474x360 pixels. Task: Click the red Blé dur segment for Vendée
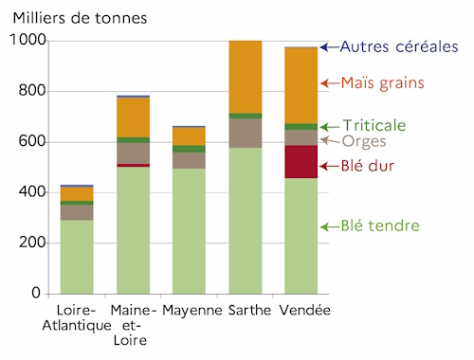(301, 161)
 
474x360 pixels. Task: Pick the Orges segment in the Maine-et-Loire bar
(133, 153)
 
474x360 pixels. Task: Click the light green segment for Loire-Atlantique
(77, 257)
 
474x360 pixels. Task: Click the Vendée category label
(301, 310)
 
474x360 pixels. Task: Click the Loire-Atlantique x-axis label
(77, 318)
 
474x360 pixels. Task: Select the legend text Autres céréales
(398, 46)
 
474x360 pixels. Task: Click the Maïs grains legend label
(383, 83)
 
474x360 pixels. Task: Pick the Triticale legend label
(374, 125)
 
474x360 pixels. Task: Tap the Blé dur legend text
(368, 166)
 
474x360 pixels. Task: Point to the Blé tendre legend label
(381, 226)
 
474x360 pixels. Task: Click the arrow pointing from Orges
(329, 139)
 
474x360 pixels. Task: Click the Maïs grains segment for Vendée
(301, 85)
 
